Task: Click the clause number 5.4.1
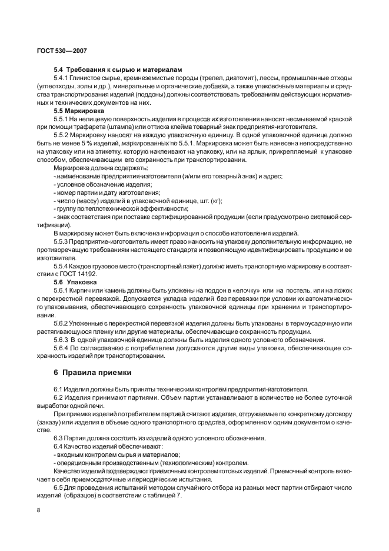pyautogui.click(x=61, y=78)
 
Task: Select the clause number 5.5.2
pyautogui.click(x=61, y=135)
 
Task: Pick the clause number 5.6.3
pyautogui.click(x=61, y=340)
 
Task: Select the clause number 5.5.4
pyautogui.click(x=61, y=267)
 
